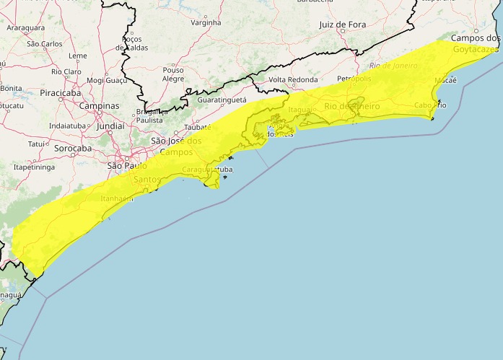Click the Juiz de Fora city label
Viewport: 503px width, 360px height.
(x=342, y=25)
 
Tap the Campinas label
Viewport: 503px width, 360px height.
(x=100, y=106)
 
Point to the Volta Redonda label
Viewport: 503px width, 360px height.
(x=293, y=79)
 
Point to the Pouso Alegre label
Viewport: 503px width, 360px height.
(x=173, y=74)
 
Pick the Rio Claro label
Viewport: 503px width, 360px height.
(x=66, y=72)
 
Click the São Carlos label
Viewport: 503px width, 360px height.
(x=44, y=43)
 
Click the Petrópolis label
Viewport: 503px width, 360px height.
(x=354, y=78)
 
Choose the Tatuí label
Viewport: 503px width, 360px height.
(x=37, y=144)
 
